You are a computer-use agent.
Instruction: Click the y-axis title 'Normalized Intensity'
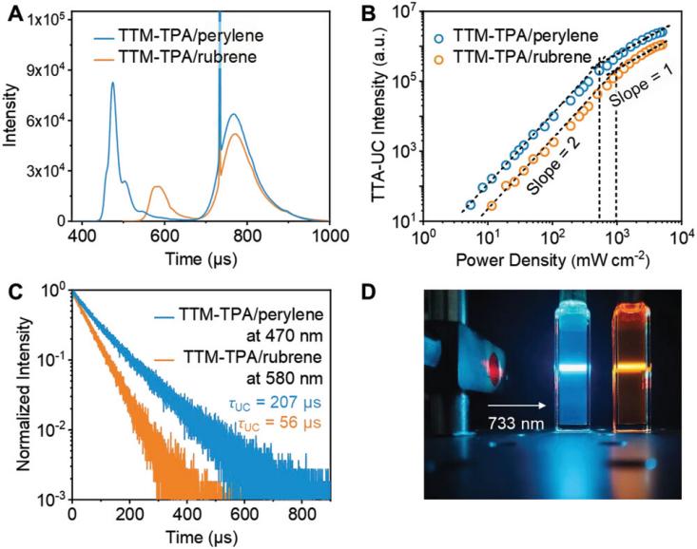(x=16, y=392)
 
